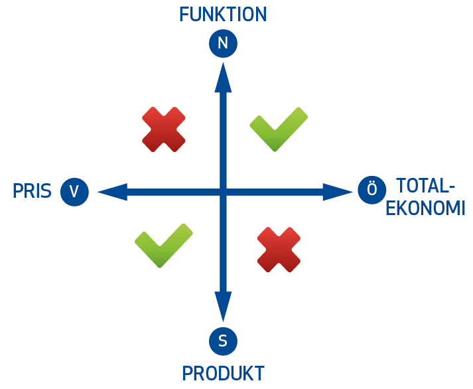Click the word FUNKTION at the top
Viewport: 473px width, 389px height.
click(223, 15)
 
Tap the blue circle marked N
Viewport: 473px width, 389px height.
click(223, 44)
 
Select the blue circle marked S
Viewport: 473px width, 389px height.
click(223, 341)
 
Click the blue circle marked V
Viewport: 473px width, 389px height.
click(74, 192)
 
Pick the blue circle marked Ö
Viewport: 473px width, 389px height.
click(372, 191)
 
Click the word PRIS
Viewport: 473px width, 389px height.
click(32, 192)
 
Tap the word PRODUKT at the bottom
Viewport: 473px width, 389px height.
click(224, 373)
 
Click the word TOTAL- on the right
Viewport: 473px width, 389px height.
click(425, 185)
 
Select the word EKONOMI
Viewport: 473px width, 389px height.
click(425, 208)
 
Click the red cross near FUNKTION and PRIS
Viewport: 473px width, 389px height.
click(163, 129)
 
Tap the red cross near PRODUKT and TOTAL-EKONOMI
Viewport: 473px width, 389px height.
click(279, 250)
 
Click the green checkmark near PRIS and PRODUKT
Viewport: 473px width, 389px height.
click(163, 245)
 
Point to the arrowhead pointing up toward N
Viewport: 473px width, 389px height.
click(224, 79)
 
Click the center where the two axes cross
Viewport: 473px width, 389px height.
click(224, 193)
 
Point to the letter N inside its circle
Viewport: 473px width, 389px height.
click(223, 44)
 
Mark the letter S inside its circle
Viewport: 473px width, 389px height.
click(223, 341)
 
